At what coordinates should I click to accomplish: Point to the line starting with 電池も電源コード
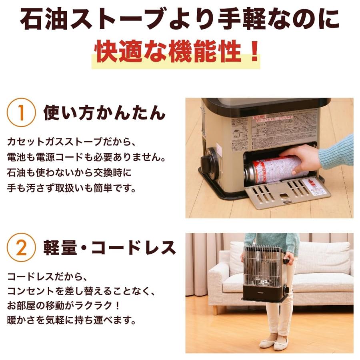coord(86,158)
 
